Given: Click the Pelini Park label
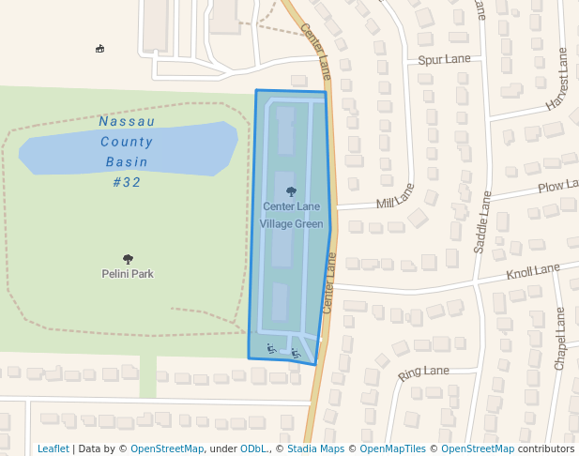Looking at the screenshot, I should (x=128, y=274).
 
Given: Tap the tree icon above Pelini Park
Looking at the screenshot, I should (x=128, y=259).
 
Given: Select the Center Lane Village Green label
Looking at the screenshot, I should (x=291, y=215).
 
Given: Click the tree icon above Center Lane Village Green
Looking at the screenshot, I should (x=291, y=190).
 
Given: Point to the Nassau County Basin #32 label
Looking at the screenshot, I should (x=127, y=151).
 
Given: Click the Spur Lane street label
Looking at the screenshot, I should (x=444, y=59).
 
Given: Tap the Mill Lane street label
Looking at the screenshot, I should (x=395, y=196).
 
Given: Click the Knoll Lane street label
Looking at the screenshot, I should (x=532, y=272).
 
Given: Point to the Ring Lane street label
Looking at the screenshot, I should (x=423, y=372).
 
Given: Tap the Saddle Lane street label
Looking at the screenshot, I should (x=481, y=222).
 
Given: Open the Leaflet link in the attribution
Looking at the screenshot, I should (x=53, y=448).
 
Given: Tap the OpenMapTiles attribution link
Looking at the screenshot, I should (x=392, y=448).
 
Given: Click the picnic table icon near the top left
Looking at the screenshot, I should (x=100, y=49).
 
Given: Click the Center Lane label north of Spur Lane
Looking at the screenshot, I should (x=316, y=52).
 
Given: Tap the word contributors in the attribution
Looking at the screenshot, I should (x=546, y=448).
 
